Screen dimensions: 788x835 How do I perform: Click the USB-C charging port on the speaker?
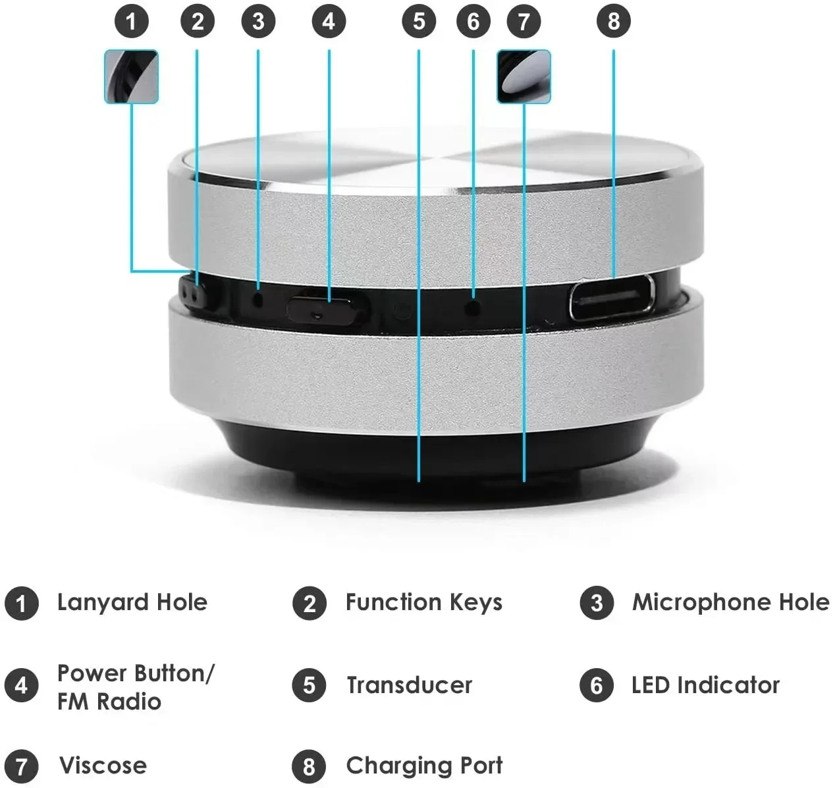coord(611,298)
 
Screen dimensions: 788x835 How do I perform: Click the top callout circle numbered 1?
coord(132,21)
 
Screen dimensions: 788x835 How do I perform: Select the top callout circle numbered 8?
coord(613,21)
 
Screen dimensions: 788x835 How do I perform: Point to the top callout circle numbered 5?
coord(419,21)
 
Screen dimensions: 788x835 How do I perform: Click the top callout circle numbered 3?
coord(258,21)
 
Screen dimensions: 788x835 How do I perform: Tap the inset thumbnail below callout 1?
coord(132,77)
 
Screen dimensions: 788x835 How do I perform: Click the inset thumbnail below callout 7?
coord(524,77)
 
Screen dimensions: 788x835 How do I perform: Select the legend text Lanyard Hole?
coord(132,602)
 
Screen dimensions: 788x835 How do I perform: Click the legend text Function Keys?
coord(423,602)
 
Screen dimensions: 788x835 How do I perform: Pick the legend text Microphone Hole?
coord(730,602)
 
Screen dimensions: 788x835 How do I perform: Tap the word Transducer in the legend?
coord(409,685)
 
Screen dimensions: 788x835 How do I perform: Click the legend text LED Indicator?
coord(705,685)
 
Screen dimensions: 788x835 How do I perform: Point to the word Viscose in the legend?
coord(103,766)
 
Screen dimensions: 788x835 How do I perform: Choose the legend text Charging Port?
coord(423,766)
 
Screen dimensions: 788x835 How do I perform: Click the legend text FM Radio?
coord(109,702)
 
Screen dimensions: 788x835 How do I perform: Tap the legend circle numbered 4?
coord(21,685)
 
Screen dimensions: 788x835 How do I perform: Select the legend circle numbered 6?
coord(597,685)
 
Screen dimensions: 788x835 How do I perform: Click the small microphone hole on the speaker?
coord(258,298)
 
